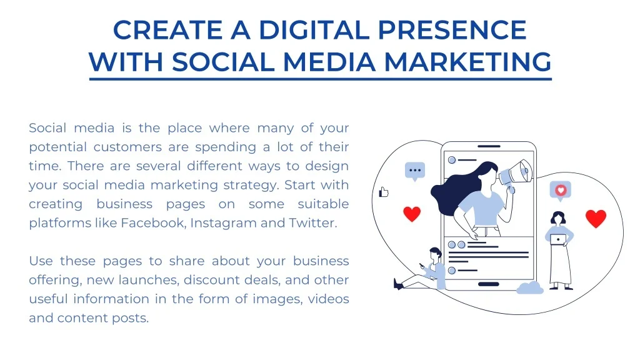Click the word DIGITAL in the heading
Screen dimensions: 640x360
(x=314, y=30)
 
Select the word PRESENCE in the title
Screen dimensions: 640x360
(x=452, y=30)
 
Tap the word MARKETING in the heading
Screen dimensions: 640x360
(x=467, y=62)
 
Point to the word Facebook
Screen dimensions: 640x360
(x=152, y=223)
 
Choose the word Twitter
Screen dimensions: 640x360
(x=312, y=223)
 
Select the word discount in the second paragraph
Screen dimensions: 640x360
(x=212, y=280)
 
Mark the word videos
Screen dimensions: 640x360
(x=329, y=299)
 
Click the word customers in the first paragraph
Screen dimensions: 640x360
(x=127, y=147)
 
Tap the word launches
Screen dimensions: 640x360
(x=149, y=280)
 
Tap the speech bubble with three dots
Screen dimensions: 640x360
(x=415, y=171)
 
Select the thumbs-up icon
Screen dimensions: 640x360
(x=384, y=192)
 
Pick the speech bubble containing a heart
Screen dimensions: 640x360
(x=561, y=191)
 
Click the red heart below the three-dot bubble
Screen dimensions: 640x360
(x=412, y=214)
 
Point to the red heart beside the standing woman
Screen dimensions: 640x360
(x=596, y=218)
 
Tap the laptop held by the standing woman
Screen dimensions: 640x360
(x=558, y=239)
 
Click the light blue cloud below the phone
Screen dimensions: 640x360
(x=530, y=287)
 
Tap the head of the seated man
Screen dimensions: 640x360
(x=436, y=252)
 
